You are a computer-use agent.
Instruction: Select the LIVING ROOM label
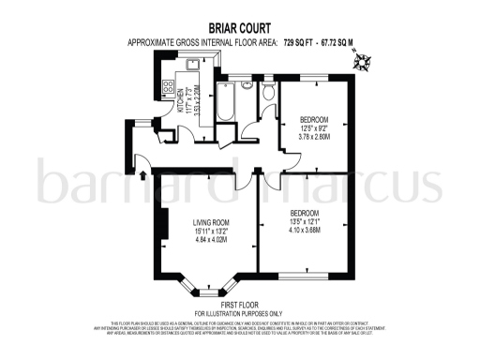point(211,222)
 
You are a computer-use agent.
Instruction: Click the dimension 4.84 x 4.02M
point(211,241)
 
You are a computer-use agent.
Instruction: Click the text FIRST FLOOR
point(240,306)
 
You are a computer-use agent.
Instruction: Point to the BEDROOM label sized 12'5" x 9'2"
point(314,120)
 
